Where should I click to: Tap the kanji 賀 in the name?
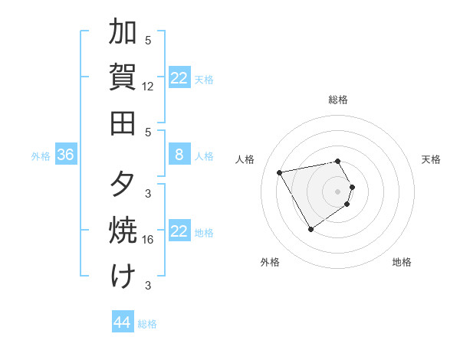click(123, 77)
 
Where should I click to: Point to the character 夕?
click(123, 185)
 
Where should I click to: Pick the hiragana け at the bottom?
click(123, 276)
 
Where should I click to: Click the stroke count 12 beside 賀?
click(148, 87)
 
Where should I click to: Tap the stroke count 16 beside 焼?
click(148, 240)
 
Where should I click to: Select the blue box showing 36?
click(65, 155)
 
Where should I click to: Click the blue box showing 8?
click(179, 155)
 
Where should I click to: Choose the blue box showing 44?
click(122, 322)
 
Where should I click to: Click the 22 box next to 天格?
click(179, 78)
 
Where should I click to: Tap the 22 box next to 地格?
click(179, 231)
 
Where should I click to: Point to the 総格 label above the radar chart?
click(338, 100)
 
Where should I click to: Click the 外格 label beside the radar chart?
click(270, 263)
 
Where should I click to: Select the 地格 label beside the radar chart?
click(402, 263)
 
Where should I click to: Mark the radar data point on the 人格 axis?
click(280, 172)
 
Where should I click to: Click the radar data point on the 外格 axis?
click(310, 229)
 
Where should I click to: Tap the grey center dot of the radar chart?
click(338, 191)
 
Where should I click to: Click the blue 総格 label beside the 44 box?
click(147, 324)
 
